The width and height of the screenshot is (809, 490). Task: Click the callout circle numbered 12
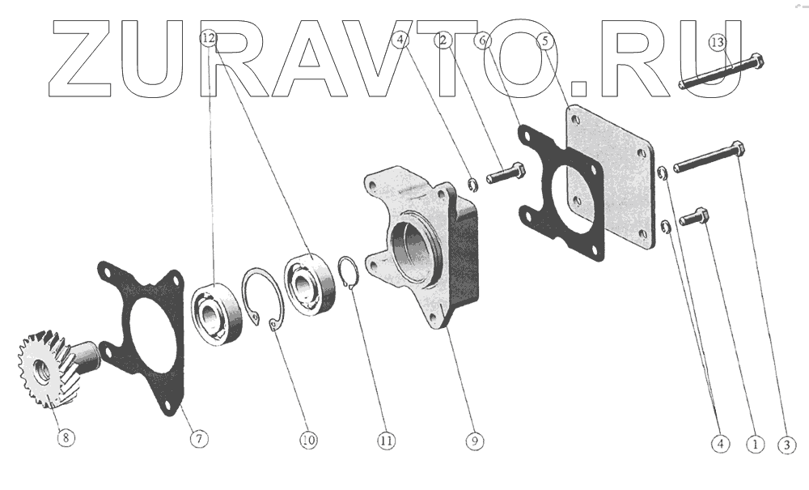(x=209, y=38)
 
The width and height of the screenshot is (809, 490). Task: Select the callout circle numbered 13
(x=718, y=42)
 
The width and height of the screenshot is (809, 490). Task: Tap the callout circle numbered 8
(x=66, y=438)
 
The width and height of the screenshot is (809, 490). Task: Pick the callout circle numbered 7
(x=199, y=439)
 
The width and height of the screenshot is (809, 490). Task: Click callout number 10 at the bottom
(x=308, y=440)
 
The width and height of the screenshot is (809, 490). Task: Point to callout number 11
(x=386, y=441)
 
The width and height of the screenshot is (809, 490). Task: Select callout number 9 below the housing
(x=475, y=441)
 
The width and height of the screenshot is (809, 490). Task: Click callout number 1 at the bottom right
(x=756, y=444)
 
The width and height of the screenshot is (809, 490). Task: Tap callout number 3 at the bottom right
(x=787, y=445)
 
